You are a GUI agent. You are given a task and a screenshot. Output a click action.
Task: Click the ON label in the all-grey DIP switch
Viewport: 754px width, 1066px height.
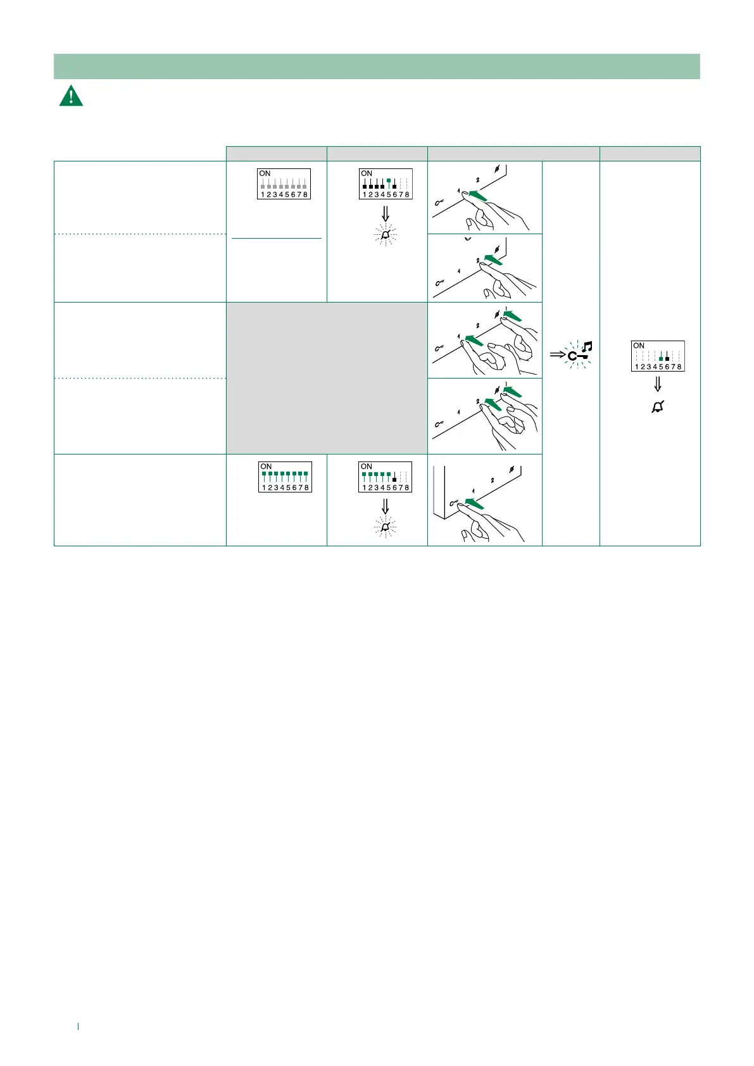coord(265,173)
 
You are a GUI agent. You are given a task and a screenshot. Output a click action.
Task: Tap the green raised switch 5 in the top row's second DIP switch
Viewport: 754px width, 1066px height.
coord(389,181)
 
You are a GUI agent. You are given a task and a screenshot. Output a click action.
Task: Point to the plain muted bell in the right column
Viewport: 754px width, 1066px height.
coord(657,408)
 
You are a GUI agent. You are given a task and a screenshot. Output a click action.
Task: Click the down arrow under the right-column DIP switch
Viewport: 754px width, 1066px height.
coord(657,384)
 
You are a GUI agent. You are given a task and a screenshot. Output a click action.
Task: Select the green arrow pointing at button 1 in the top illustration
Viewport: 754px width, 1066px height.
coord(478,196)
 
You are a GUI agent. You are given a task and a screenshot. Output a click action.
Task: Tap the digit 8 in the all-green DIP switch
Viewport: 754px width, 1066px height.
coord(306,487)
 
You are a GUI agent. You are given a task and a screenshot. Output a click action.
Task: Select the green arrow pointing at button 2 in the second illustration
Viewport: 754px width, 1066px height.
coord(493,260)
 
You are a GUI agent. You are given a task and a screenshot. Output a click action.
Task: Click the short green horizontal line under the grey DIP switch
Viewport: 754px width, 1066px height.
coord(277,239)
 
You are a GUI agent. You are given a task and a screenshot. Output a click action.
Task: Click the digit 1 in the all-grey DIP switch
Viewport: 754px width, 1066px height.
coord(262,194)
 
